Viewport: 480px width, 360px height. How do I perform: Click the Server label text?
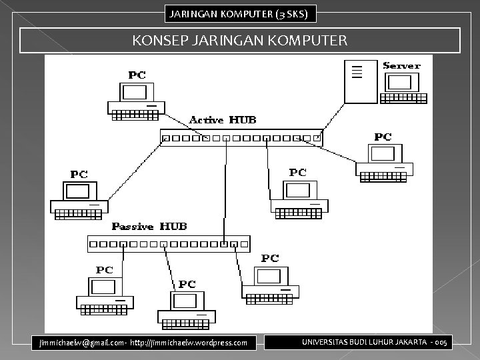pos(401,65)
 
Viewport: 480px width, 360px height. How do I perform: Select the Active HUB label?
pos(223,120)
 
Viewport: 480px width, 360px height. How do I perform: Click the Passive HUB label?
pos(149,227)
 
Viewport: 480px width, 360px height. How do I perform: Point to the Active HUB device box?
pos(241,139)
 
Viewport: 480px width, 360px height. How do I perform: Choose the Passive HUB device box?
pos(169,243)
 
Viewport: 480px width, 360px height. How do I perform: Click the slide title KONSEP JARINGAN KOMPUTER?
pos(240,41)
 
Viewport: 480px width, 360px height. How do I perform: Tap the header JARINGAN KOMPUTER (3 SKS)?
pos(240,13)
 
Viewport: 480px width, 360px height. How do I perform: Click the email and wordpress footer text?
pos(143,343)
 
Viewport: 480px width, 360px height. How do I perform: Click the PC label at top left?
pos(137,75)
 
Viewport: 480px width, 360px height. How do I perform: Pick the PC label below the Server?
pos(383,137)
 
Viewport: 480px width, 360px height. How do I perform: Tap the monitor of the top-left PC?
pos(135,92)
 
